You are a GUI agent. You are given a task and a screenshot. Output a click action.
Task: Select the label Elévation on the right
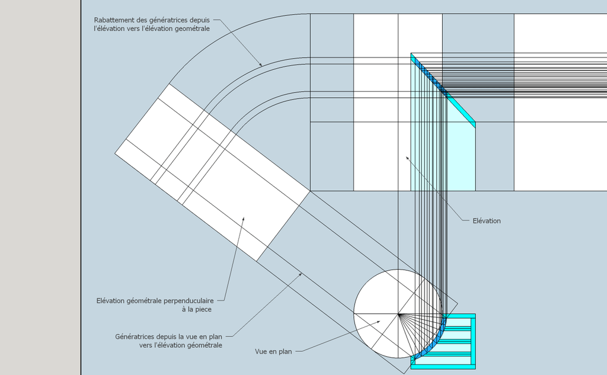pyautogui.click(x=487, y=221)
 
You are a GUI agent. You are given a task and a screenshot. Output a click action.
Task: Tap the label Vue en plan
pyautogui.click(x=273, y=351)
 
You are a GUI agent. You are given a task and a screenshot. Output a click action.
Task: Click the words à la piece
pyautogui.click(x=197, y=309)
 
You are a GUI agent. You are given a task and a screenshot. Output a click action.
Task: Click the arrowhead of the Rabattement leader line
pyautogui.click(x=261, y=65)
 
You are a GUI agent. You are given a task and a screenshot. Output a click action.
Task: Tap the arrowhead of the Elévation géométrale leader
pyautogui.click(x=243, y=219)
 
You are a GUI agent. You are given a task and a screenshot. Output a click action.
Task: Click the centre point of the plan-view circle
pyautogui.click(x=398, y=314)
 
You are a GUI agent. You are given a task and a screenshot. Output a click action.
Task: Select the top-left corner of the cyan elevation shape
pyautogui.click(x=411, y=53)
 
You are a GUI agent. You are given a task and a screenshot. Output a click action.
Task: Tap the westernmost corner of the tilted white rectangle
pyautogui.click(x=115, y=153)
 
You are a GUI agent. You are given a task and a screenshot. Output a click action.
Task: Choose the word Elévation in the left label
pyautogui.click(x=111, y=301)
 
